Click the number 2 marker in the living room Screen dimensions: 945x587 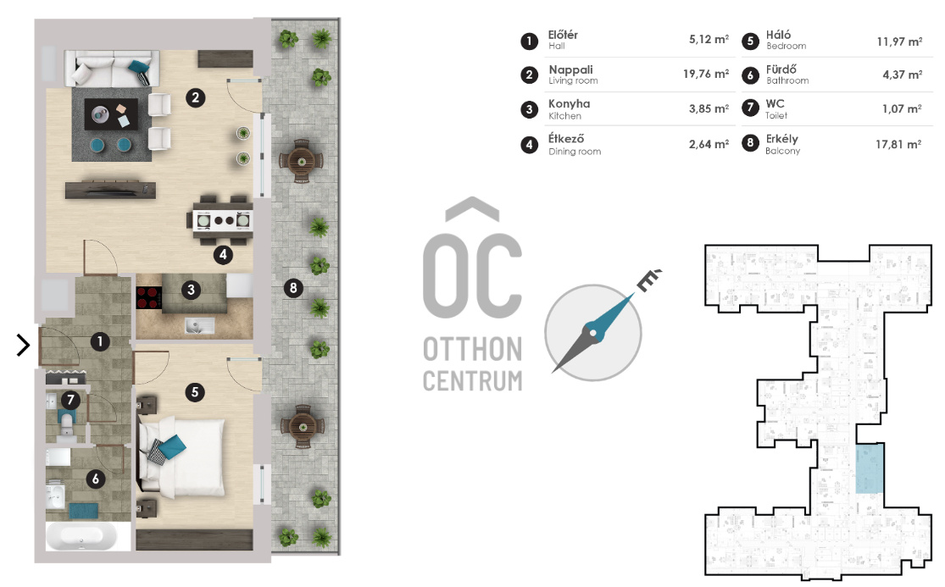(x=195, y=97)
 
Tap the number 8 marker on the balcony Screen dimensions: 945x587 (x=293, y=288)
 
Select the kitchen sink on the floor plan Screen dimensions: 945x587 (x=199, y=326)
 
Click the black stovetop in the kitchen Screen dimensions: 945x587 (x=149, y=297)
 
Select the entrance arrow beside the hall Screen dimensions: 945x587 (x=23, y=345)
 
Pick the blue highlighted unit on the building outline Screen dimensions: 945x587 (x=870, y=468)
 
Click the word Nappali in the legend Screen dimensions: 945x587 (x=570, y=69)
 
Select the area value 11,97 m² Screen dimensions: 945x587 (x=899, y=42)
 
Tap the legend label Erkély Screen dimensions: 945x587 (x=781, y=139)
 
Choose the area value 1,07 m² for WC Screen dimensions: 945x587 (x=902, y=109)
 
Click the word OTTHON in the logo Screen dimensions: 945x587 (x=473, y=349)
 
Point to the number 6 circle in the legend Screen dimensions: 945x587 (x=750, y=75)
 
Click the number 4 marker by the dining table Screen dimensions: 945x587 (x=223, y=255)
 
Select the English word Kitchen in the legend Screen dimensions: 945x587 (x=564, y=115)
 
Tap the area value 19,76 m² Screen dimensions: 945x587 (x=706, y=74)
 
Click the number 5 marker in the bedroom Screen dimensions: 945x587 (x=195, y=392)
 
